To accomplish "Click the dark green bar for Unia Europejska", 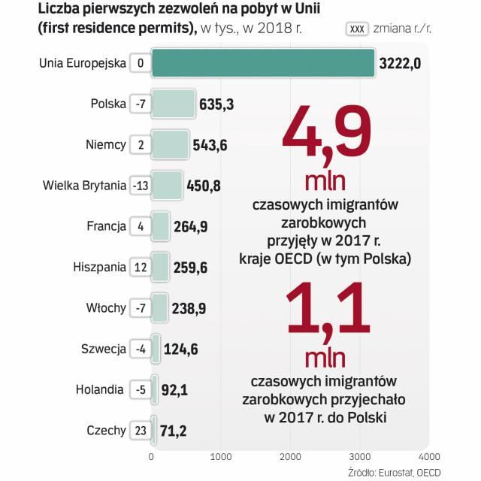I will coord(263,62).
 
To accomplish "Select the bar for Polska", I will coord(173,104).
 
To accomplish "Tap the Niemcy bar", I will coord(170,144).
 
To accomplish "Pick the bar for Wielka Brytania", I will coord(167,186).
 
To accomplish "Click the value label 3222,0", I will coord(399,63).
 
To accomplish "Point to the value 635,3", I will coord(216,104).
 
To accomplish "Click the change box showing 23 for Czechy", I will coord(141,431).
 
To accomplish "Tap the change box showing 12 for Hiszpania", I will coord(141,267).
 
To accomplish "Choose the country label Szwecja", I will coord(103,349).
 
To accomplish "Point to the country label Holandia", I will coord(100,390).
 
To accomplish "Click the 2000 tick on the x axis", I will coord(290,456).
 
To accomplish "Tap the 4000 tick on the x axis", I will coord(428,456).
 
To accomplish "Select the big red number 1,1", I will coord(327,310).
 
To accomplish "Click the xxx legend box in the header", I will coord(357,29).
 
